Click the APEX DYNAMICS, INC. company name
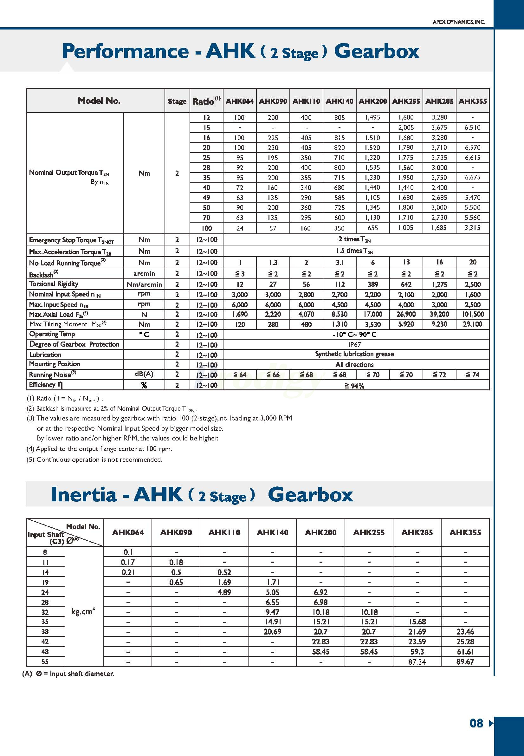pyautogui.click(x=459, y=22)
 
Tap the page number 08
pyautogui.click(x=476, y=723)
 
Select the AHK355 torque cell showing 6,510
pyautogui.click(x=472, y=127)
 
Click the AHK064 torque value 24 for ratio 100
pyautogui.click(x=240, y=228)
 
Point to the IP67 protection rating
pyautogui.click(x=355, y=344)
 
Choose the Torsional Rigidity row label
pyautogui.click(x=54, y=284)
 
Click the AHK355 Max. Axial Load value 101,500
pyautogui.click(x=472, y=314)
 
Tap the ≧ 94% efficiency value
pyautogui.click(x=355, y=386)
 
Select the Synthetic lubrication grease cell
pyautogui.click(x=355, y=354)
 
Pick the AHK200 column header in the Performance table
pyautogui.click(x=373, y=101)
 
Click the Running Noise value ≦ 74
pyautogui.click(x=472, y=375)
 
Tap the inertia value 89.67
pyautogui.click(x=465, y=661)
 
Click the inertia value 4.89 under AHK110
pyautogui.click(x=224, y=592)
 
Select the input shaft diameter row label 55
pyautogui.click(x=45, y=661)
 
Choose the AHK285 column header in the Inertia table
pyautogui.click(x=417, y=532)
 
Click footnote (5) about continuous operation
pyautogui.click(x=94, y=459)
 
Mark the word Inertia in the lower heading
pyautogui.click(x=84, y=494)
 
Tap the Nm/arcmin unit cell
pyautogui.click(x=144, y=284)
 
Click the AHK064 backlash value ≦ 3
pyautogui.click(x=240, y=274)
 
